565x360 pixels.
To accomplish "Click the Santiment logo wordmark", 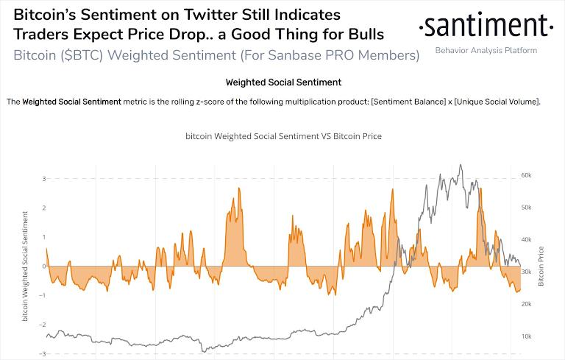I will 485,28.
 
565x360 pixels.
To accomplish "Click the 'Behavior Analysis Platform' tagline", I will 486,50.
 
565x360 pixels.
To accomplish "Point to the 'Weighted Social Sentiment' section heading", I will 282,82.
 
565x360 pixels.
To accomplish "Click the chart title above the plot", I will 283,137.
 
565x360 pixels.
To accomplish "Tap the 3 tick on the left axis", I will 43,179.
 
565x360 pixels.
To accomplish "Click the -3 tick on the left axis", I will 43,353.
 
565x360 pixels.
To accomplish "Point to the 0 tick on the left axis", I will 44,266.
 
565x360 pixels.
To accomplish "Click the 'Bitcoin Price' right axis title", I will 542,267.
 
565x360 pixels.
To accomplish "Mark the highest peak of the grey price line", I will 461,165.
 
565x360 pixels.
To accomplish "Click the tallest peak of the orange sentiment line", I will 239,189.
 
